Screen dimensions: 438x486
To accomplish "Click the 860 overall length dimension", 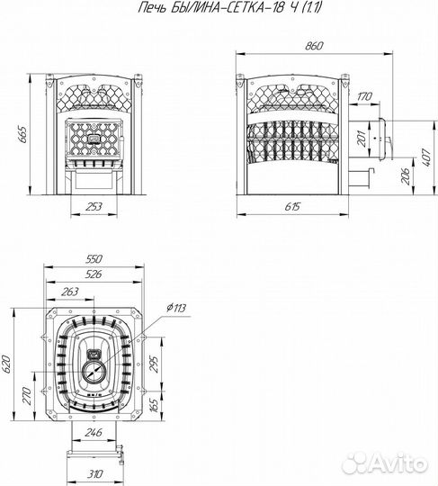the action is click(x=314, y=46).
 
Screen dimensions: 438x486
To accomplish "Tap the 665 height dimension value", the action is click(x=22, y=134).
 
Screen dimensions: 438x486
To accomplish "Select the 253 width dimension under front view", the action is click(x=94, y=207).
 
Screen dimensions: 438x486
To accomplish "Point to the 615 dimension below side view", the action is click(x=292, y=206).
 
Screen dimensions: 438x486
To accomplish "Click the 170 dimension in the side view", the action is click(x=364, y=96).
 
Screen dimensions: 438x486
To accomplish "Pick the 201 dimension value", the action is click(x=362, y=139).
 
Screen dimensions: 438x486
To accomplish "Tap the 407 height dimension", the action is click(x=427, y=157).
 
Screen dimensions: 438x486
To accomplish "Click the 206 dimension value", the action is click(x=406, y=176).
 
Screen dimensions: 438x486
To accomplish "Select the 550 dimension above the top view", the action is click(x=94, y=259).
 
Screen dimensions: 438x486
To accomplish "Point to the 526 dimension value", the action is click(x=93, y=274).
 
